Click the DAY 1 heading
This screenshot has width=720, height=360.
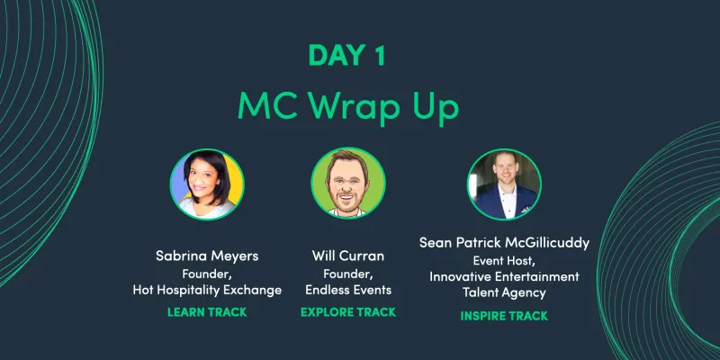tap(347, 55)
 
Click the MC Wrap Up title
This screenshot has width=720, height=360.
tap(347, 105)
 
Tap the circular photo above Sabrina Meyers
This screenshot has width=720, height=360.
tap(207, 184)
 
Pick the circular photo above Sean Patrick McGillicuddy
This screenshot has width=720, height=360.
tap(503, 184)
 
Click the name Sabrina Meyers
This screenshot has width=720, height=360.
tap(207, 256)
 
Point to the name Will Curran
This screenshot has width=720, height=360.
tap(347, 256)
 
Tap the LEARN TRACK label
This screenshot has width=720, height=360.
tap(207, 312)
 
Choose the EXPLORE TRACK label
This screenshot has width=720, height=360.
tap(347, 312)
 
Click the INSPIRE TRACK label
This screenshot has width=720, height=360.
tap(504, 316)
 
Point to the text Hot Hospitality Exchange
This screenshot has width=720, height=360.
tap(207, 291)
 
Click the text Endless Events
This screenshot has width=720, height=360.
tap(347, 291)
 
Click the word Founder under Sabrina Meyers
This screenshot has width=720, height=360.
tap(207, 274)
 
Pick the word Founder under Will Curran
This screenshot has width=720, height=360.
tap(347, 274)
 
